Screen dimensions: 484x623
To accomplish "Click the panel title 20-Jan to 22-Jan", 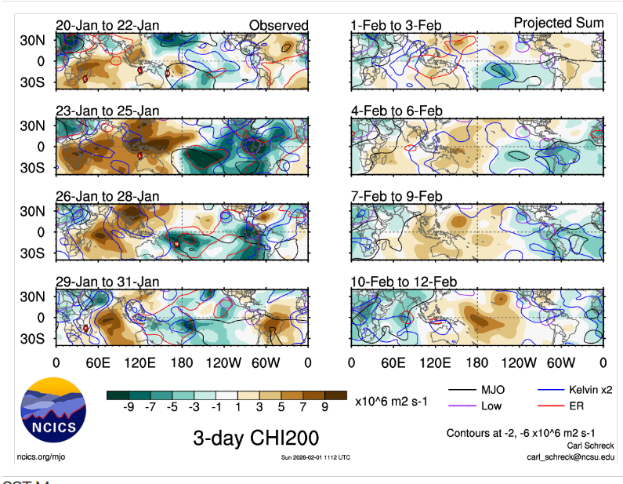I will (107, 26).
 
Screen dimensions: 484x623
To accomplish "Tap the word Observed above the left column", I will (278, 26).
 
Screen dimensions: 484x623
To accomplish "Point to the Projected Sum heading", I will (558, 23).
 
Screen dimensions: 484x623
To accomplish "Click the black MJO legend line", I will (465, 390).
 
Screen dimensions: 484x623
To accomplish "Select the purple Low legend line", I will (465, 406).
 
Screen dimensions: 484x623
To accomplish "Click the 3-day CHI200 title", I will (256, 438).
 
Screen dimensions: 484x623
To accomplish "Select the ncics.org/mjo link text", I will (42, 457).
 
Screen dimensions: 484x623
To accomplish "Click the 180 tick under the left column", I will (182, 362).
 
